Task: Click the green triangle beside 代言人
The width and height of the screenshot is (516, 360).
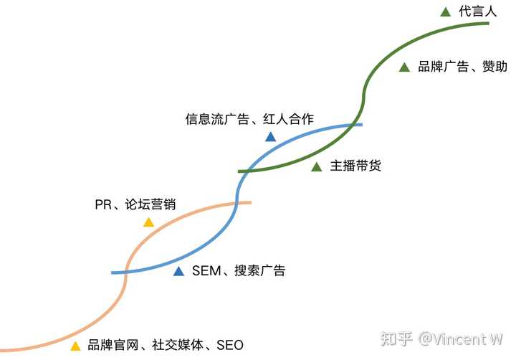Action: click(445, 11)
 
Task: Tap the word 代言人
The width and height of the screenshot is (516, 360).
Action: click(477, 11)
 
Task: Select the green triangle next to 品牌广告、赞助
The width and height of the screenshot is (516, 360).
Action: click(404, 67)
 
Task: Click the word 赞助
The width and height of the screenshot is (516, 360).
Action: click(495, 67)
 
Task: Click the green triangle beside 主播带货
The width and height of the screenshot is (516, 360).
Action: click(316, 167)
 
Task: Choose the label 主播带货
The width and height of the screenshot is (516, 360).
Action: click(355, 166)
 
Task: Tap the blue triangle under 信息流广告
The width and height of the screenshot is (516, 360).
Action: click(270, 136)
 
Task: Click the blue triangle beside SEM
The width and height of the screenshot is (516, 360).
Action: click(178, 271)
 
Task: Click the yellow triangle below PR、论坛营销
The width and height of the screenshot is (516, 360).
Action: click(148, 222)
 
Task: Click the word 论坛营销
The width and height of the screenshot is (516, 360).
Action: click(150, 205)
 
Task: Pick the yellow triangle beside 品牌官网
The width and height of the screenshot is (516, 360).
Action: click(75, 346)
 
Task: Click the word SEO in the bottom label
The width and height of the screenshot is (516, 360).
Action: click(229, 346)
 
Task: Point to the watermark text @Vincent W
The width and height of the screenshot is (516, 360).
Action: click(461, 338)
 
